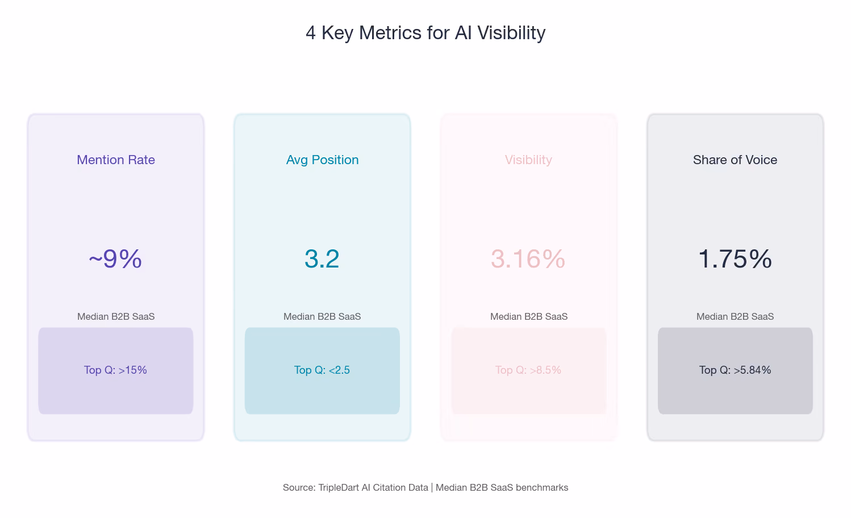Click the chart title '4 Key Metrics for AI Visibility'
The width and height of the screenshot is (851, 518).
(426, 33)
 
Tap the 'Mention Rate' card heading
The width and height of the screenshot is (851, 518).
(116, 160)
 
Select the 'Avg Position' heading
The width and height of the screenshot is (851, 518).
(322, 160)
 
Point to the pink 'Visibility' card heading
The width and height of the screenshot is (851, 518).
(528, 160)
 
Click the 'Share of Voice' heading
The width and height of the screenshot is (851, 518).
(735, 160)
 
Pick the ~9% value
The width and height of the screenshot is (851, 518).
(115, 259)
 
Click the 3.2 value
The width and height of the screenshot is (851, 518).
(322, 259)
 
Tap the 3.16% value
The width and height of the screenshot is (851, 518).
(528, 259)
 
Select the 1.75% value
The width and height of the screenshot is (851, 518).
(735, 259)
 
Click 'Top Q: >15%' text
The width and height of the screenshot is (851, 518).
(115, 370)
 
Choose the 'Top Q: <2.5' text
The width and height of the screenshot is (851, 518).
(322, 370)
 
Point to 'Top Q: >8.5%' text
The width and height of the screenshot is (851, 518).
(528, 370)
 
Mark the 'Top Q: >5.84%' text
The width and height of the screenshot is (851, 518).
(735, 370)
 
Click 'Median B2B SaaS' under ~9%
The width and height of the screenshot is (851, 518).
(116, 316)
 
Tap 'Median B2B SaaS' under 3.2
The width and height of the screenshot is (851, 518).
(322, 316)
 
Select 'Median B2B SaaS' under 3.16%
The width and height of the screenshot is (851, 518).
(529, 316)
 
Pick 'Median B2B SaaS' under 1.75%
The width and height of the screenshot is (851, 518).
(735, 316)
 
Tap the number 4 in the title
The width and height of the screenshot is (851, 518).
(311, 33)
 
